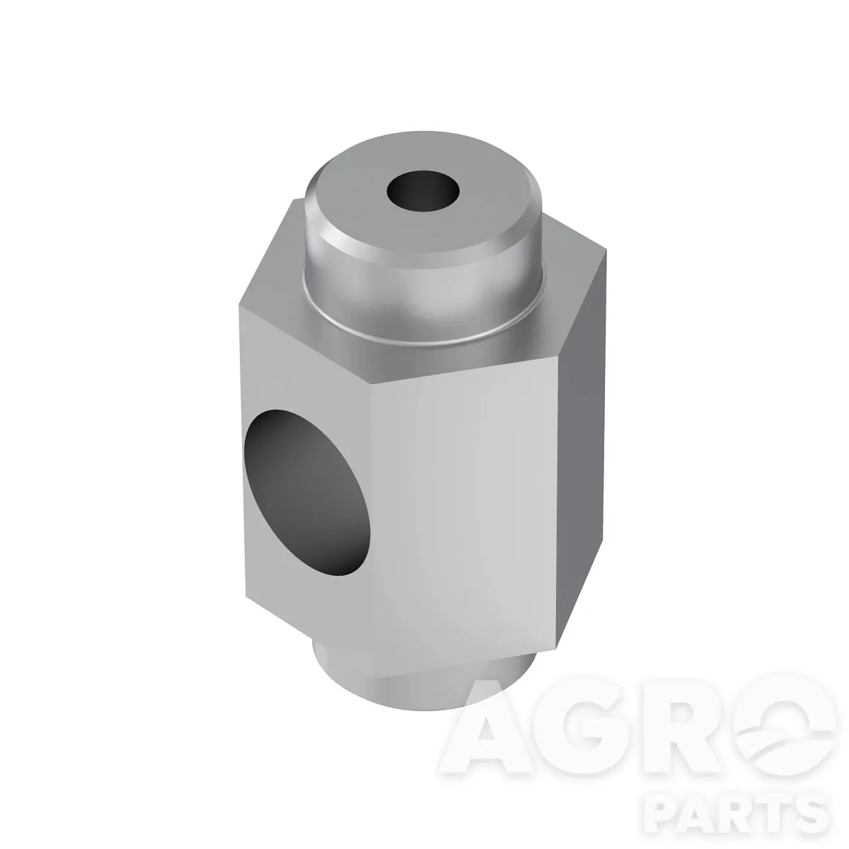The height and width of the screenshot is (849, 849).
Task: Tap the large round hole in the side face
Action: point(308,493)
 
